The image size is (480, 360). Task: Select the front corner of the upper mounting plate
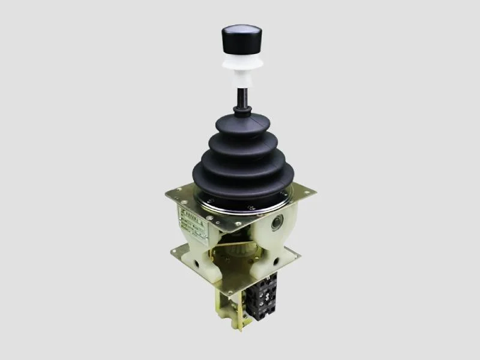[242, 232]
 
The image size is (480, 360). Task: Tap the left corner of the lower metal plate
[174, 250]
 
